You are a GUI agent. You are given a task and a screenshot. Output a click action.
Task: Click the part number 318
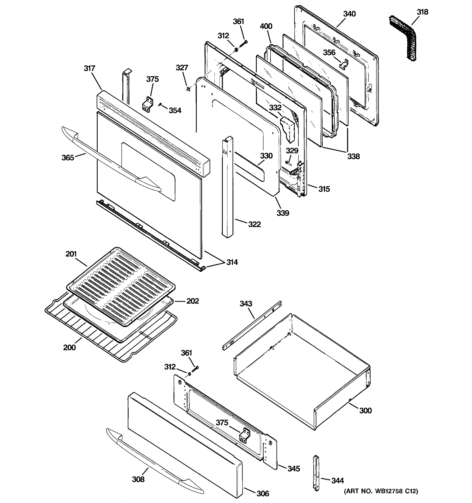click(422, 12)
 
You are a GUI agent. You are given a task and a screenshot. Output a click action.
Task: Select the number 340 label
click(349, 14)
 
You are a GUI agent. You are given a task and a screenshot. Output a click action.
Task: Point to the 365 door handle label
click(68, 158)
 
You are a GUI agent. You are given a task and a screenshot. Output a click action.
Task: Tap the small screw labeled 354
click(160, 104)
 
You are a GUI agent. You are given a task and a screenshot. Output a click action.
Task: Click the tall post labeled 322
click(227, 187)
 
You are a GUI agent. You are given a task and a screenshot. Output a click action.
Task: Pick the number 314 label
click(232, 262)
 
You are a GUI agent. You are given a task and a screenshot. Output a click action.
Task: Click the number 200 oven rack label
click(69, 347)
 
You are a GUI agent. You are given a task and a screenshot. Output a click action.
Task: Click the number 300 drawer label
click(365, 410)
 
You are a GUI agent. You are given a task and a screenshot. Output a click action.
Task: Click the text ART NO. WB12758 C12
click(381, 491)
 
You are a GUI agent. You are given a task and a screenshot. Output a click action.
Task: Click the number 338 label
click(353, 156)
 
